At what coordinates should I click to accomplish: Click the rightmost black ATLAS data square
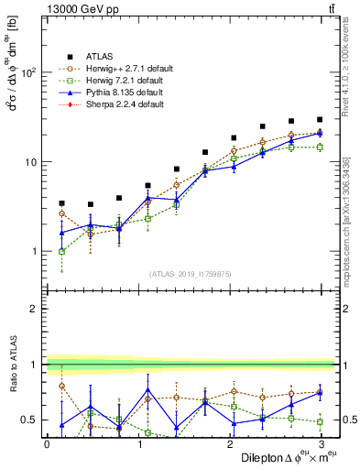(320, 119)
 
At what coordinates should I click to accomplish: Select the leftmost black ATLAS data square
(61, 203)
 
